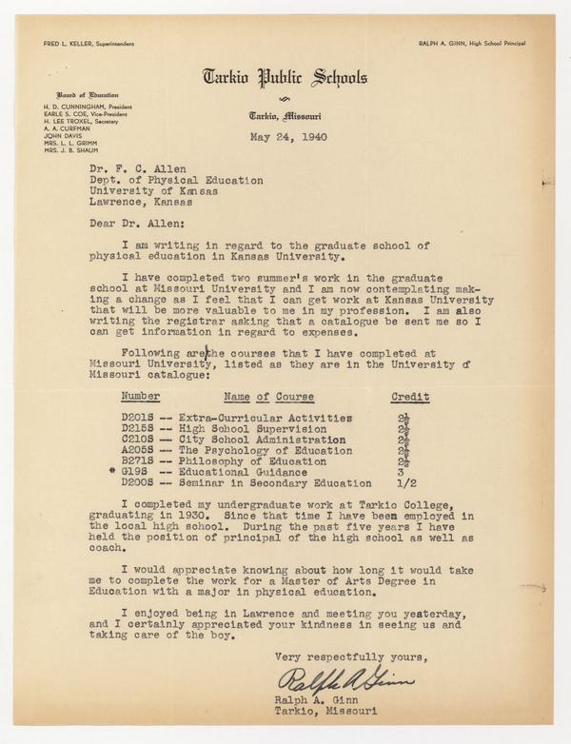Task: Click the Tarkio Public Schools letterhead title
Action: (x=285, y=78)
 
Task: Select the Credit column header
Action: (x=410, y=395)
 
